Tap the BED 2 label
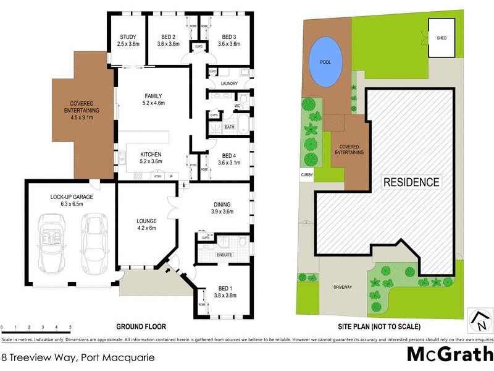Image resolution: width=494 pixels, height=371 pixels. [168, 36]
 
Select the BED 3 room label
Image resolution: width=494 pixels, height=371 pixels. [232, 36]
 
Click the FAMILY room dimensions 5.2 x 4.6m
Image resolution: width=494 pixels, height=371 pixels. [153, 103]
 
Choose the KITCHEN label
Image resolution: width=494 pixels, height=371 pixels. [151, 154]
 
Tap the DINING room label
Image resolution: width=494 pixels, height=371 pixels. [222, 204]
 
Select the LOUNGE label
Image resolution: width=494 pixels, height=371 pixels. [147, 221]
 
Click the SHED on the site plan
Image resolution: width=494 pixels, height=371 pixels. [442, 38]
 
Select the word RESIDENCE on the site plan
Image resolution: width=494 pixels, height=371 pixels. [411, 182]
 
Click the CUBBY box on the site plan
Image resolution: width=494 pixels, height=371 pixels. [308, 176]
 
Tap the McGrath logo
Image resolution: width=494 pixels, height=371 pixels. [448, 354]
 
